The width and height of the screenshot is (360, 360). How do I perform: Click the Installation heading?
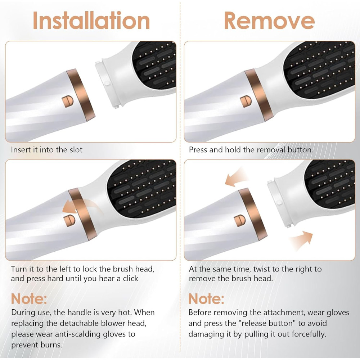coord(91,21)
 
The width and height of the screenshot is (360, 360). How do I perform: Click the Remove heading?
coord(269,21)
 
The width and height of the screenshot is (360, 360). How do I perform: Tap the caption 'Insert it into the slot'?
coord(46,150)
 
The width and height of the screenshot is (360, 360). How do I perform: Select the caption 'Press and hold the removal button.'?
coord(251,150)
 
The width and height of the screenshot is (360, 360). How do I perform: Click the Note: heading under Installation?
coord(29,299)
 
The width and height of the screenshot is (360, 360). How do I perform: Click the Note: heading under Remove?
coord(206,299)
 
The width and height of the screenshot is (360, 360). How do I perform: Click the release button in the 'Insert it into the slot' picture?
coord(68,102)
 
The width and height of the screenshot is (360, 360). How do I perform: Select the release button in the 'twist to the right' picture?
coord(240,221)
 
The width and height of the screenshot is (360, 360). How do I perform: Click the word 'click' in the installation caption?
coord(131,279)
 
